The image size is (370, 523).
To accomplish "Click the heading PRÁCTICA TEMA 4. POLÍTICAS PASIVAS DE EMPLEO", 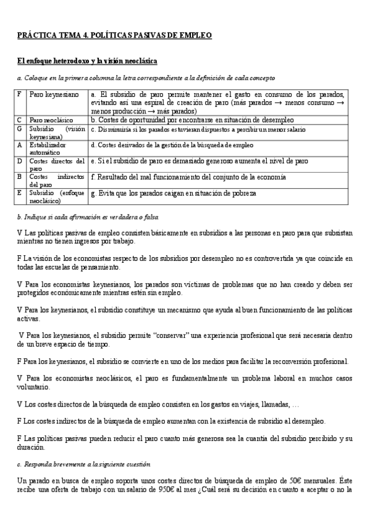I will click(115, 36).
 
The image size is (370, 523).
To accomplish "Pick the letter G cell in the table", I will click(20, 128).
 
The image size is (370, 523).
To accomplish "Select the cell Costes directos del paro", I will click(57, 164).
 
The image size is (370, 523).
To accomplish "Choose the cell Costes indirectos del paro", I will click(57, 180).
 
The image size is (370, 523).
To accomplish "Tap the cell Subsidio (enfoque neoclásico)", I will click(57, 196).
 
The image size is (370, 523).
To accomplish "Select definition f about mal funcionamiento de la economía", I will click(188, 177).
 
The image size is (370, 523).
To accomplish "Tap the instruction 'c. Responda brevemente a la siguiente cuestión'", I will click(84, 463).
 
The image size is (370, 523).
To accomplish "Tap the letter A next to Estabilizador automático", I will click(20, 145).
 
